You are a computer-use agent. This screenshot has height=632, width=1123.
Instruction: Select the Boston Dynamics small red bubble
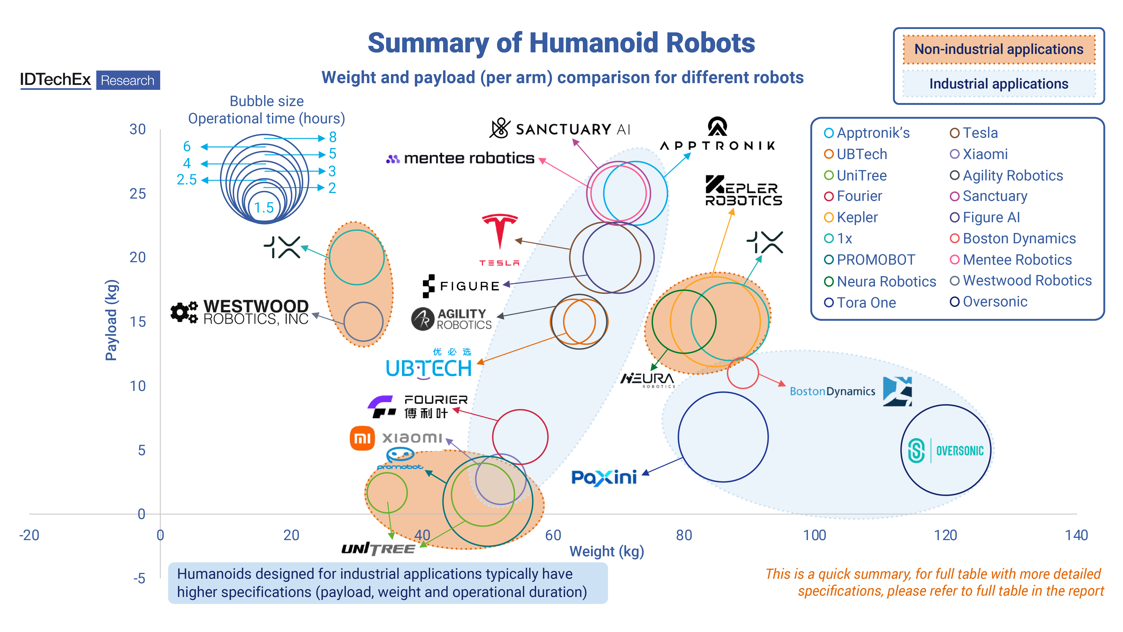tap(743, 373)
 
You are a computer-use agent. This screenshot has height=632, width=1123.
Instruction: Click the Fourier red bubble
tap(520, 437)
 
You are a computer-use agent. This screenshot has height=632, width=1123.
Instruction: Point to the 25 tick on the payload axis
tap(138, 194)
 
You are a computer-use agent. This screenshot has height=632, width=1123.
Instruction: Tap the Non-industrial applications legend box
tap(998, 49)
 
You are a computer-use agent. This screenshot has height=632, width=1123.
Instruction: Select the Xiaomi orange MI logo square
tap(362, 438)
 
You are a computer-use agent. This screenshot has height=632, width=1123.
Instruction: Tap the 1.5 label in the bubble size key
tap(264, 208)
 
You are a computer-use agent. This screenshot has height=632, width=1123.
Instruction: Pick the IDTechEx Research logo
tap(90, 80)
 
